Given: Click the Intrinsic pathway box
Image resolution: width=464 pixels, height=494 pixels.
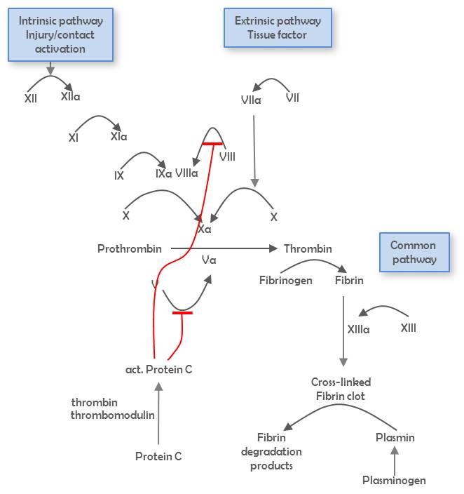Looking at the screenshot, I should [60, 35].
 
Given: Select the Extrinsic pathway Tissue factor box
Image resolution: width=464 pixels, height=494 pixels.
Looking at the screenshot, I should [278, 28].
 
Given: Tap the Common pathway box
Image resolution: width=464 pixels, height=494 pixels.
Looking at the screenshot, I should [414, 253].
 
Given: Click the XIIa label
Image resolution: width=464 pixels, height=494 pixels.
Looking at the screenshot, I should [71, 97].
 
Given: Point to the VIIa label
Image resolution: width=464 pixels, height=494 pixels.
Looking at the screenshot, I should [251, 100].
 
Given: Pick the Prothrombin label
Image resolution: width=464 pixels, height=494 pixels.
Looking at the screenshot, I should [130, 248].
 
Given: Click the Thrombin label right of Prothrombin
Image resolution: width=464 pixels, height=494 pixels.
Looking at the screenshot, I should [308, 248].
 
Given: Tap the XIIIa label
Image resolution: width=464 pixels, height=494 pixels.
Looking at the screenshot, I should [359, 328].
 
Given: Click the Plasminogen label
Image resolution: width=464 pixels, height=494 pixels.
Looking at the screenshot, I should [394, 480].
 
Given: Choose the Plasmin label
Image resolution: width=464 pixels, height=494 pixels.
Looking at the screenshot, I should [395, 437].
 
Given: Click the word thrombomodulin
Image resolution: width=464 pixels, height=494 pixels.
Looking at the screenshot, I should [112, 415].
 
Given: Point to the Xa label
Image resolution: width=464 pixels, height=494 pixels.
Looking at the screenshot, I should [205, 229].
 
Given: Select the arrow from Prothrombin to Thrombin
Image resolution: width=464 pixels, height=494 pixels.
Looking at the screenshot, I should [224, 248].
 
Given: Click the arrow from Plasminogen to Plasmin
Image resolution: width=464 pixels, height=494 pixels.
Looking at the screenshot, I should [395, 460].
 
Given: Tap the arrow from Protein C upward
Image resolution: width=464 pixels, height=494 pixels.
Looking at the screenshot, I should [158, 414].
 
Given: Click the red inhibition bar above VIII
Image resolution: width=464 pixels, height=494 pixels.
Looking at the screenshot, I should [212, 143].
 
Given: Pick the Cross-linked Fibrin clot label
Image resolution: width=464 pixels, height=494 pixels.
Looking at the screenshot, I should [341, 389].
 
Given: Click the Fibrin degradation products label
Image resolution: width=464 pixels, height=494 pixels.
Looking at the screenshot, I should [271, 451].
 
